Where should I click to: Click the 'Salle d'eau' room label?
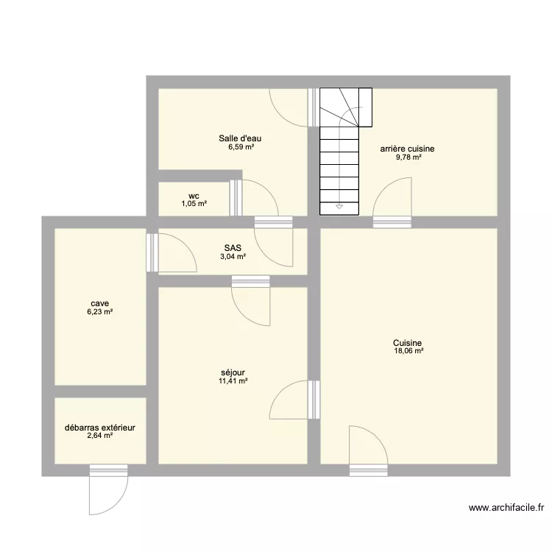click(240, 138)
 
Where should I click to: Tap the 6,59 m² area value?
click(240, 146)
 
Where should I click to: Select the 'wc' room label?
click(194, 196)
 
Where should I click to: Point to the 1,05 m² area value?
click(194, 204)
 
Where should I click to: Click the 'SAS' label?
click(233, 248)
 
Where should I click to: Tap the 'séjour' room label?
click(233, 372)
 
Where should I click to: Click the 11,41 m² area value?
click(233, 381)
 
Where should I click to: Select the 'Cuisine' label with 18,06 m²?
click(407, 342)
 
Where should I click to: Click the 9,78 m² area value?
click(407, 157)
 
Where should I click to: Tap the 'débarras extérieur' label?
click(99, 427)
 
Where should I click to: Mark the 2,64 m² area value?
click(99, 436)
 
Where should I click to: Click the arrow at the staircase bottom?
click(339, 207)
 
